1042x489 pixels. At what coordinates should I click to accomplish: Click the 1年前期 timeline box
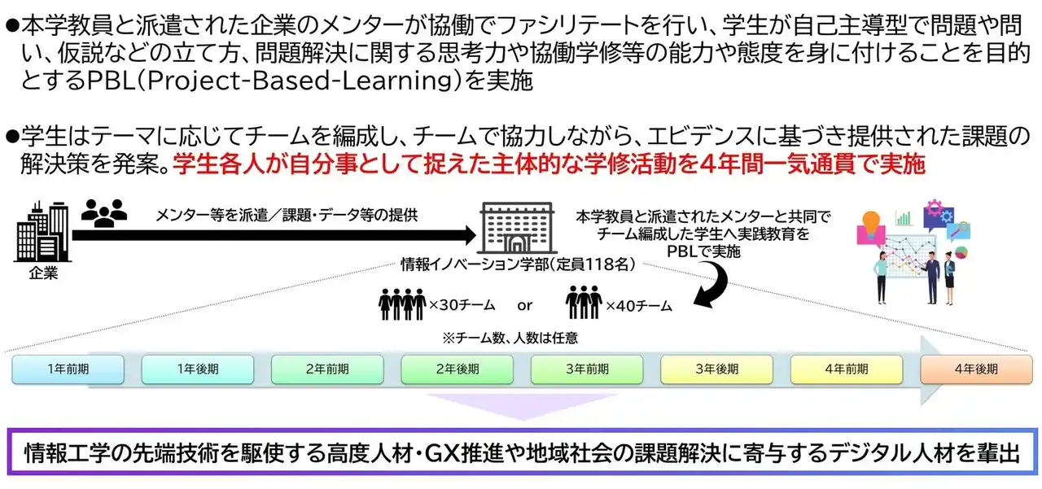pyautogui.click(x=68, y=369)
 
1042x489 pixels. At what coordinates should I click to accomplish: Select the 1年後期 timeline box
pyautogui.click(x=198, y=369)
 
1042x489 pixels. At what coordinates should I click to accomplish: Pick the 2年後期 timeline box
pyautogui.click(x=458, y=369)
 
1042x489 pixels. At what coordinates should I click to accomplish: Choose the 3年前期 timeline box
pyautogui.click(x=587, y=369)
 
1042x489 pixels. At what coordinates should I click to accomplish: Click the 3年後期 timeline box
pyautogui.click(x=717, y=369)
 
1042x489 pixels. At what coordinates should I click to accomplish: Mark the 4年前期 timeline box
pyautogui.click(x=847, y=369)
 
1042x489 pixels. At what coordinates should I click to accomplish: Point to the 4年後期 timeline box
pyautogui.click(x=975, y=369)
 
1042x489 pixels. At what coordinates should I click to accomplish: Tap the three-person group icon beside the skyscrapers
pyautogui.click(x=105, y=213)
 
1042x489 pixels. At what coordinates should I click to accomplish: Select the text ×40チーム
pyautogui.click(x=638, y=306)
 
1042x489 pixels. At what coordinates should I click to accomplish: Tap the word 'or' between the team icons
pyautogui.click(x=525, y=306)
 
